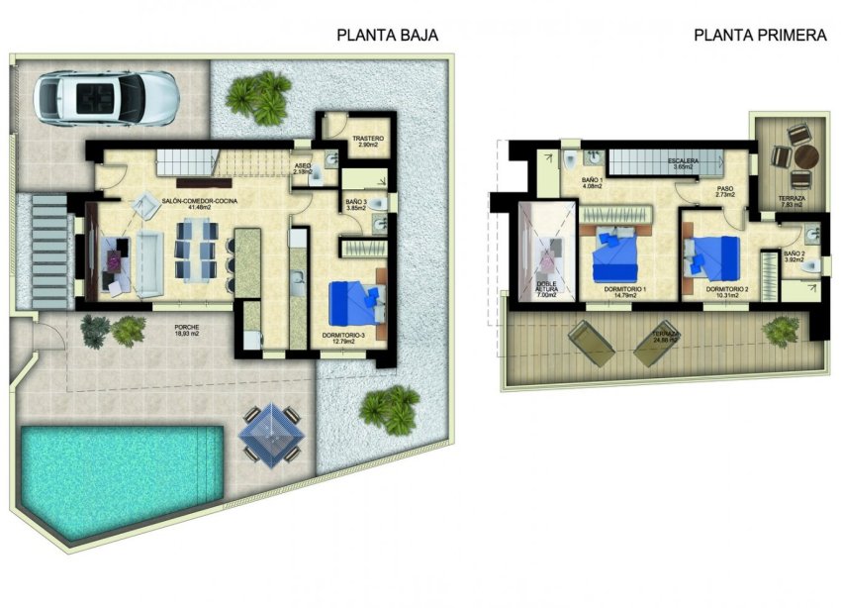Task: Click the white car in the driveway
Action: tap(107, 95)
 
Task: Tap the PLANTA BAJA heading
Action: tap(387, 36)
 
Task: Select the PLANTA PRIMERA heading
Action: tap(760, 36)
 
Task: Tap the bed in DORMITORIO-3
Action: tap(355, 302)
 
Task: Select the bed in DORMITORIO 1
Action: tap(617, 254)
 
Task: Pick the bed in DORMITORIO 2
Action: tap(716, 256)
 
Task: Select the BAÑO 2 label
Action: tap(795, 254)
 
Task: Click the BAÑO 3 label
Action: tap(356, 203)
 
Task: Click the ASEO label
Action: tap(303, 165)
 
